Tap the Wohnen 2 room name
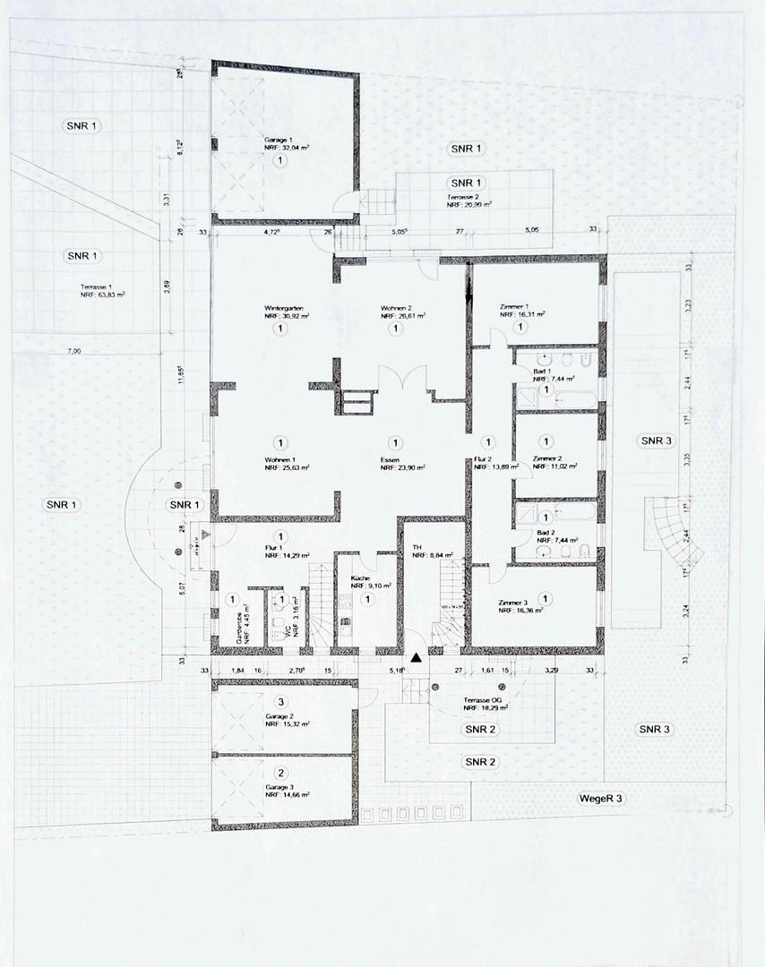click(397, 307)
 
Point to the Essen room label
click(390, 458)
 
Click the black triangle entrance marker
click(416, 658)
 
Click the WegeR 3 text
click(601, 796)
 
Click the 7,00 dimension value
click(73, 352)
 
